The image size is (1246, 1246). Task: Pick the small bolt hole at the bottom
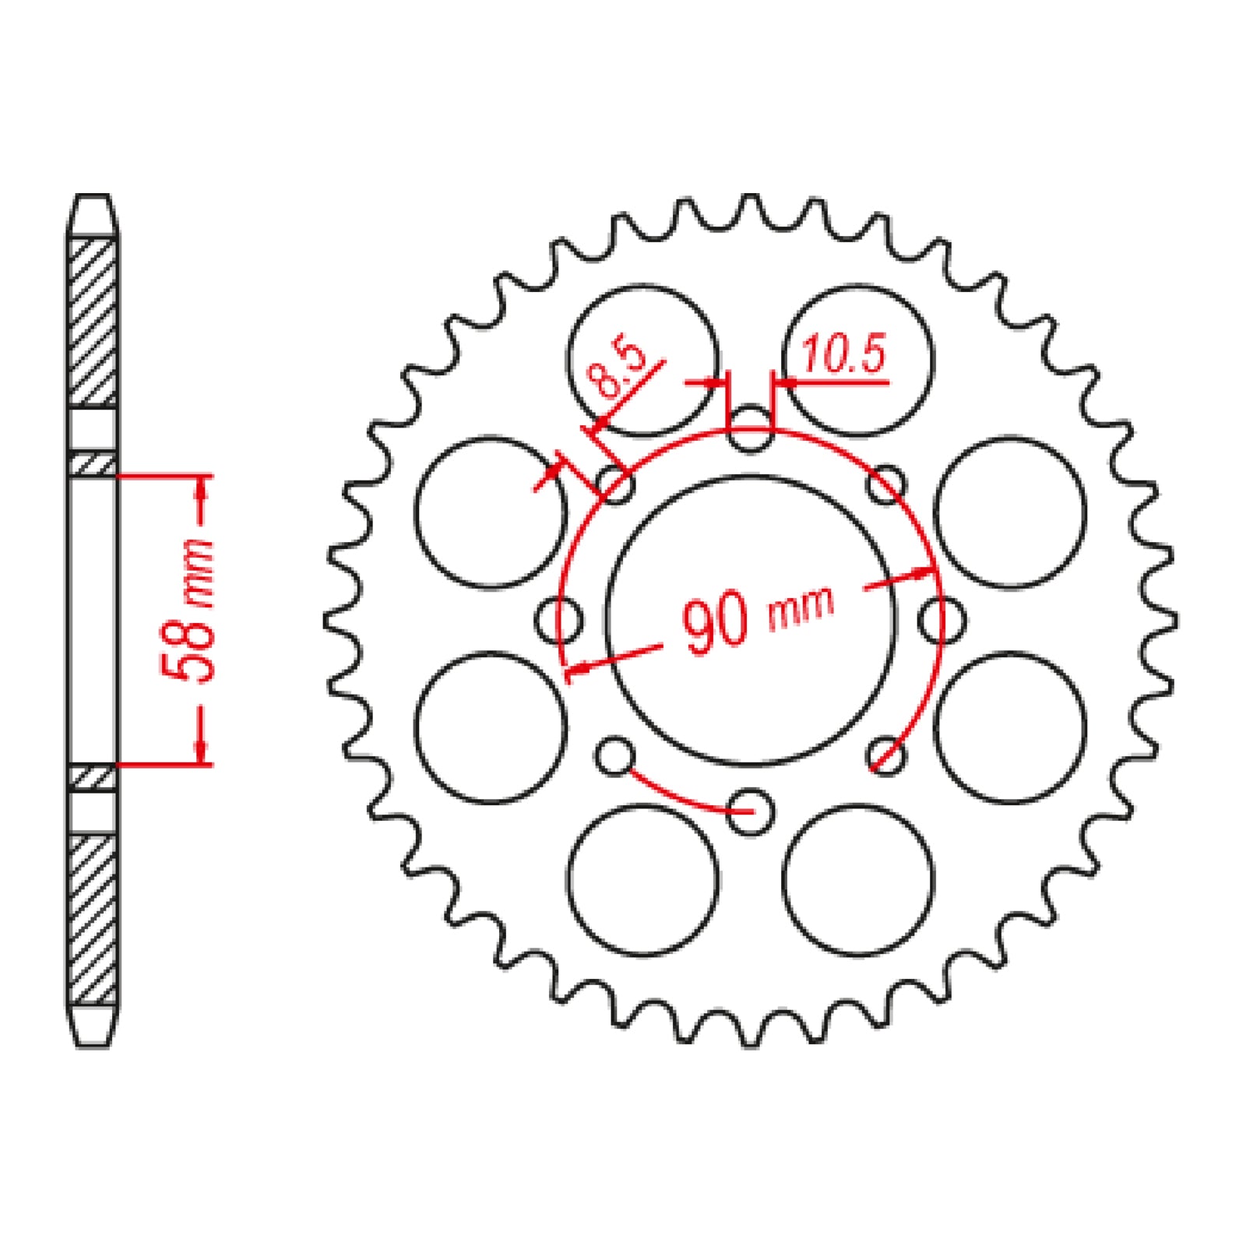point(750,811)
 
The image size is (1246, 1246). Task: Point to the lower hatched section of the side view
point(93,919)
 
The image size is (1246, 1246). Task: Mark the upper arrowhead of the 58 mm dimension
point(202,487)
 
